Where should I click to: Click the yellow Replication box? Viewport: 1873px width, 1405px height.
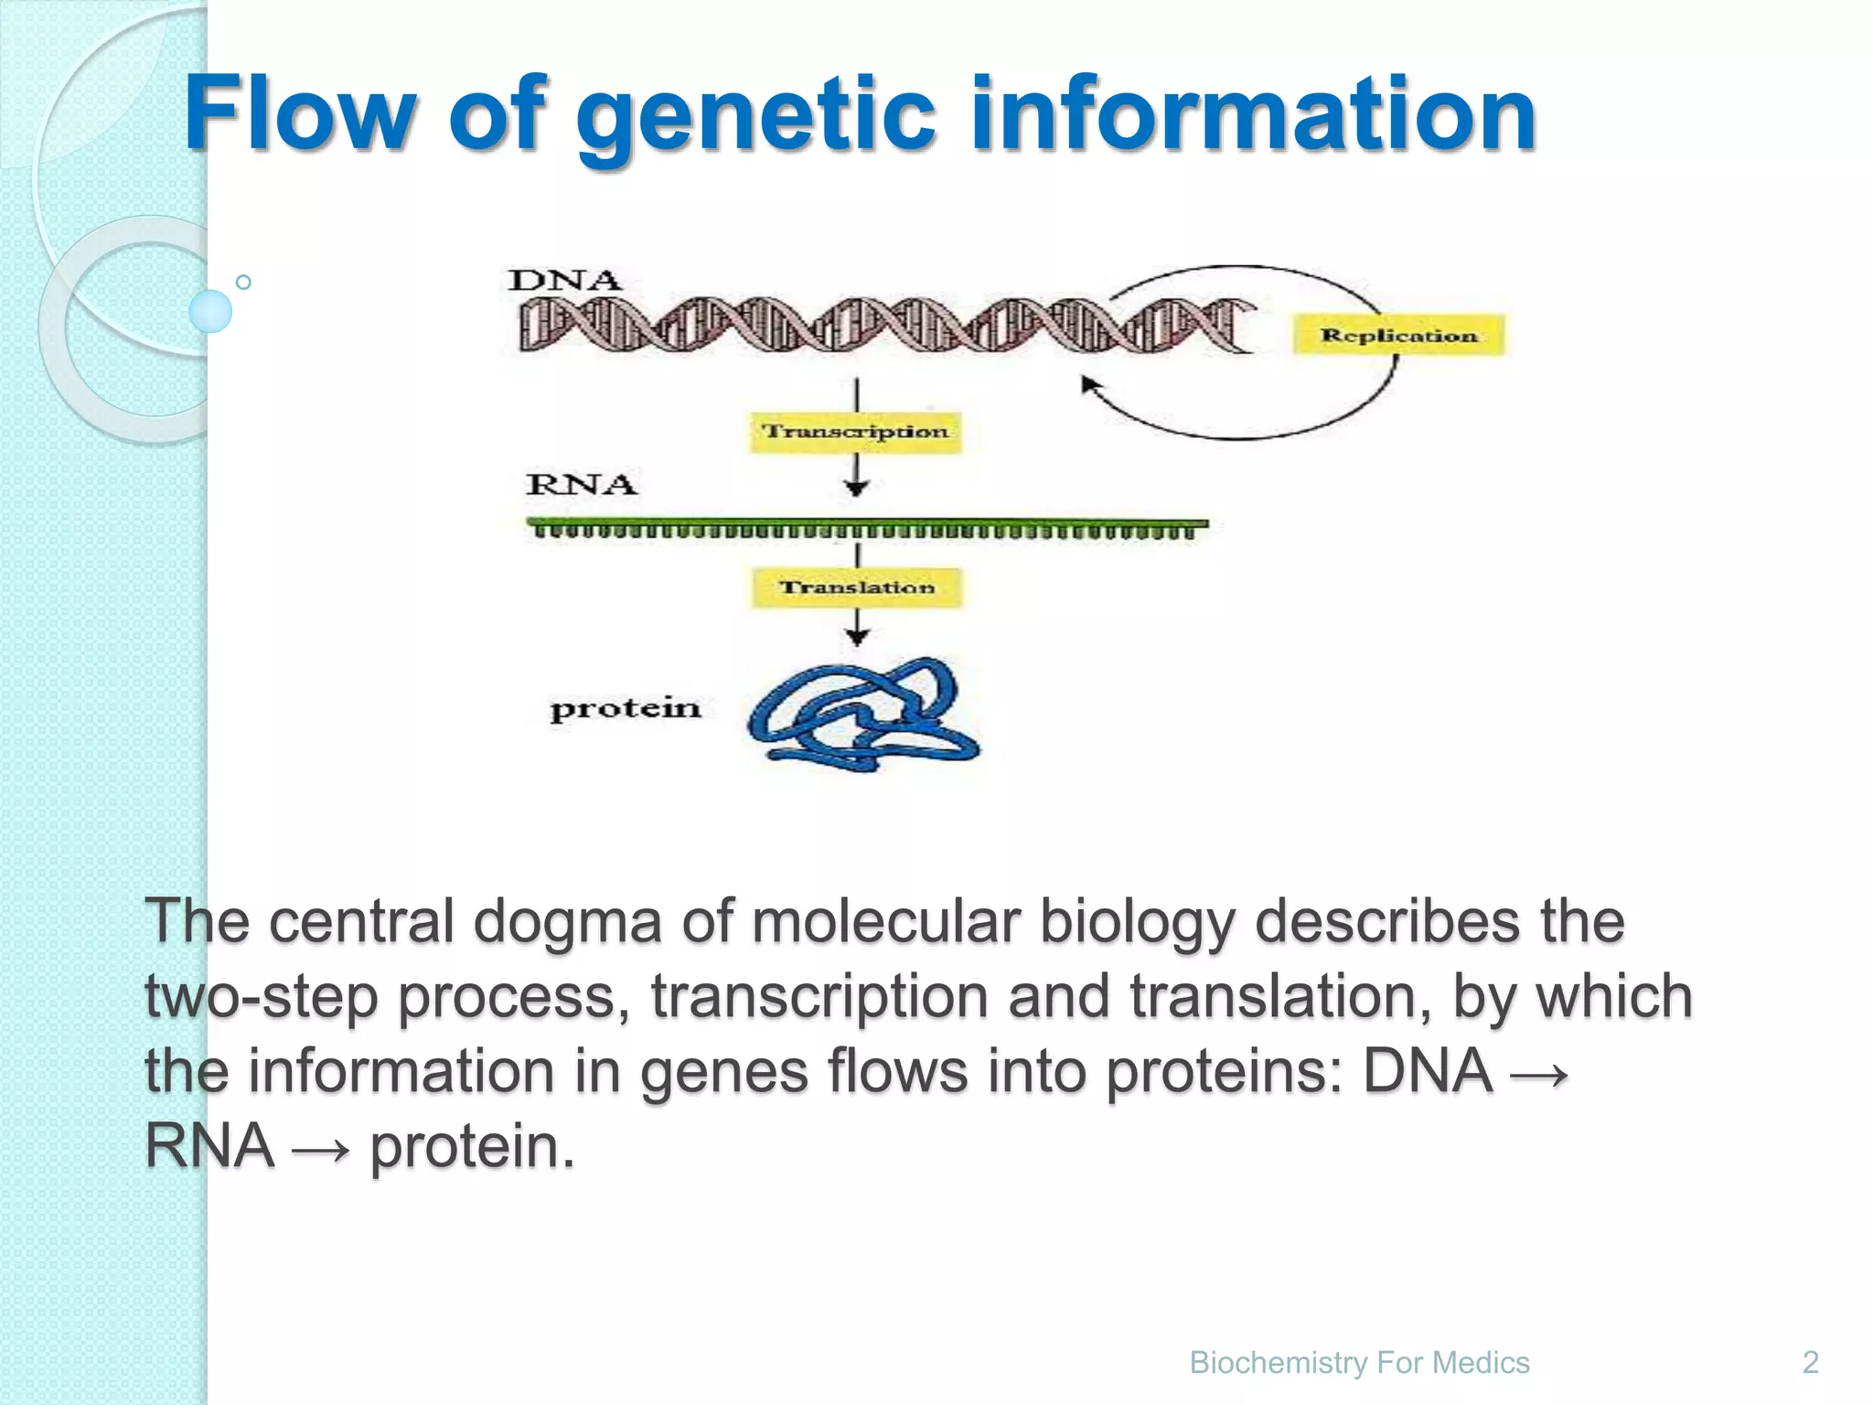pyautogui.click(x=1397, y=335)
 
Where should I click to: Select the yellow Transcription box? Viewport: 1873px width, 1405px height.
pyautogui.click(x=856, y=431)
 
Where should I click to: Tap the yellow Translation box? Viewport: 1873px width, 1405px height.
pyautogui.click(x=857, y=587)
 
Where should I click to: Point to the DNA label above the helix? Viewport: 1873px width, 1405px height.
pyautogui.click(x=564, y=280)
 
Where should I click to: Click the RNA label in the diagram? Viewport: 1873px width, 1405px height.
pyautogui.click(x=581, y=484)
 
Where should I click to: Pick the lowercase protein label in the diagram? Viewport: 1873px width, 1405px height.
pyautogui.click(x=626, y=709)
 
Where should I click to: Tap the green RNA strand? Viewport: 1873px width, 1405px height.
pyautogui.click(x=866, y=528)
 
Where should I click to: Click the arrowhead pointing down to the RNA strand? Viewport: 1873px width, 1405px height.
pyautogui.click(x=856, y=488)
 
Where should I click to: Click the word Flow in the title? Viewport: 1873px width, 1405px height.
pyautogui.click(x=301, y=113)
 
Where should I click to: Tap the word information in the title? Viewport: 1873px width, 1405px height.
pyautogui.click(x=1253, y=113)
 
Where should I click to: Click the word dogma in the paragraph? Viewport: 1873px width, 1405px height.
pyautogui.click(x=566, y=920)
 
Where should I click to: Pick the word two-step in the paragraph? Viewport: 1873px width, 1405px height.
pyautogui.click(x=262, y=996)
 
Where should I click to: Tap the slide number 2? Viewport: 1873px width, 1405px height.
pyautogui.click(x=1810, y=1362)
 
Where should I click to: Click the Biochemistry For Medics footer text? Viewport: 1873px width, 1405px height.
pyautogui.click(x=1359, y=1362)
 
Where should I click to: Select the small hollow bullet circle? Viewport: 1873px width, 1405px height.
pyautogui.click(x=243, y=282)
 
